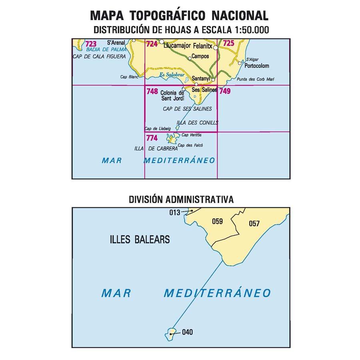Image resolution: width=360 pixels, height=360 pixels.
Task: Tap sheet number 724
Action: (152, 44)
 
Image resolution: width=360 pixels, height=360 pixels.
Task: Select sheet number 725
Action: (228, 43)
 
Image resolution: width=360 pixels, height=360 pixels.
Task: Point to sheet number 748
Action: (152, 92)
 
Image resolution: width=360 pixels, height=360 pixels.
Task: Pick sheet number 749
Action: (225, 92)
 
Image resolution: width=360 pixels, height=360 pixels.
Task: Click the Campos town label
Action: (200, 56)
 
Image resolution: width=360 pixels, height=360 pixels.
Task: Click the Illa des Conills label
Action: (197, 123)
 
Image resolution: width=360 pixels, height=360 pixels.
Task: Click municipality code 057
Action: (254, 224)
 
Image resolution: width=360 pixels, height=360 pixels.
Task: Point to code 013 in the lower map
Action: (175, 212)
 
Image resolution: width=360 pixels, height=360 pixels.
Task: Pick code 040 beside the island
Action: (187, 332)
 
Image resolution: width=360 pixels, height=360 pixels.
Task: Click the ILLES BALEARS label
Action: (139, 240)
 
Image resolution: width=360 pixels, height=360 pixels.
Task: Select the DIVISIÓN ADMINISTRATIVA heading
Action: (181, 199)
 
